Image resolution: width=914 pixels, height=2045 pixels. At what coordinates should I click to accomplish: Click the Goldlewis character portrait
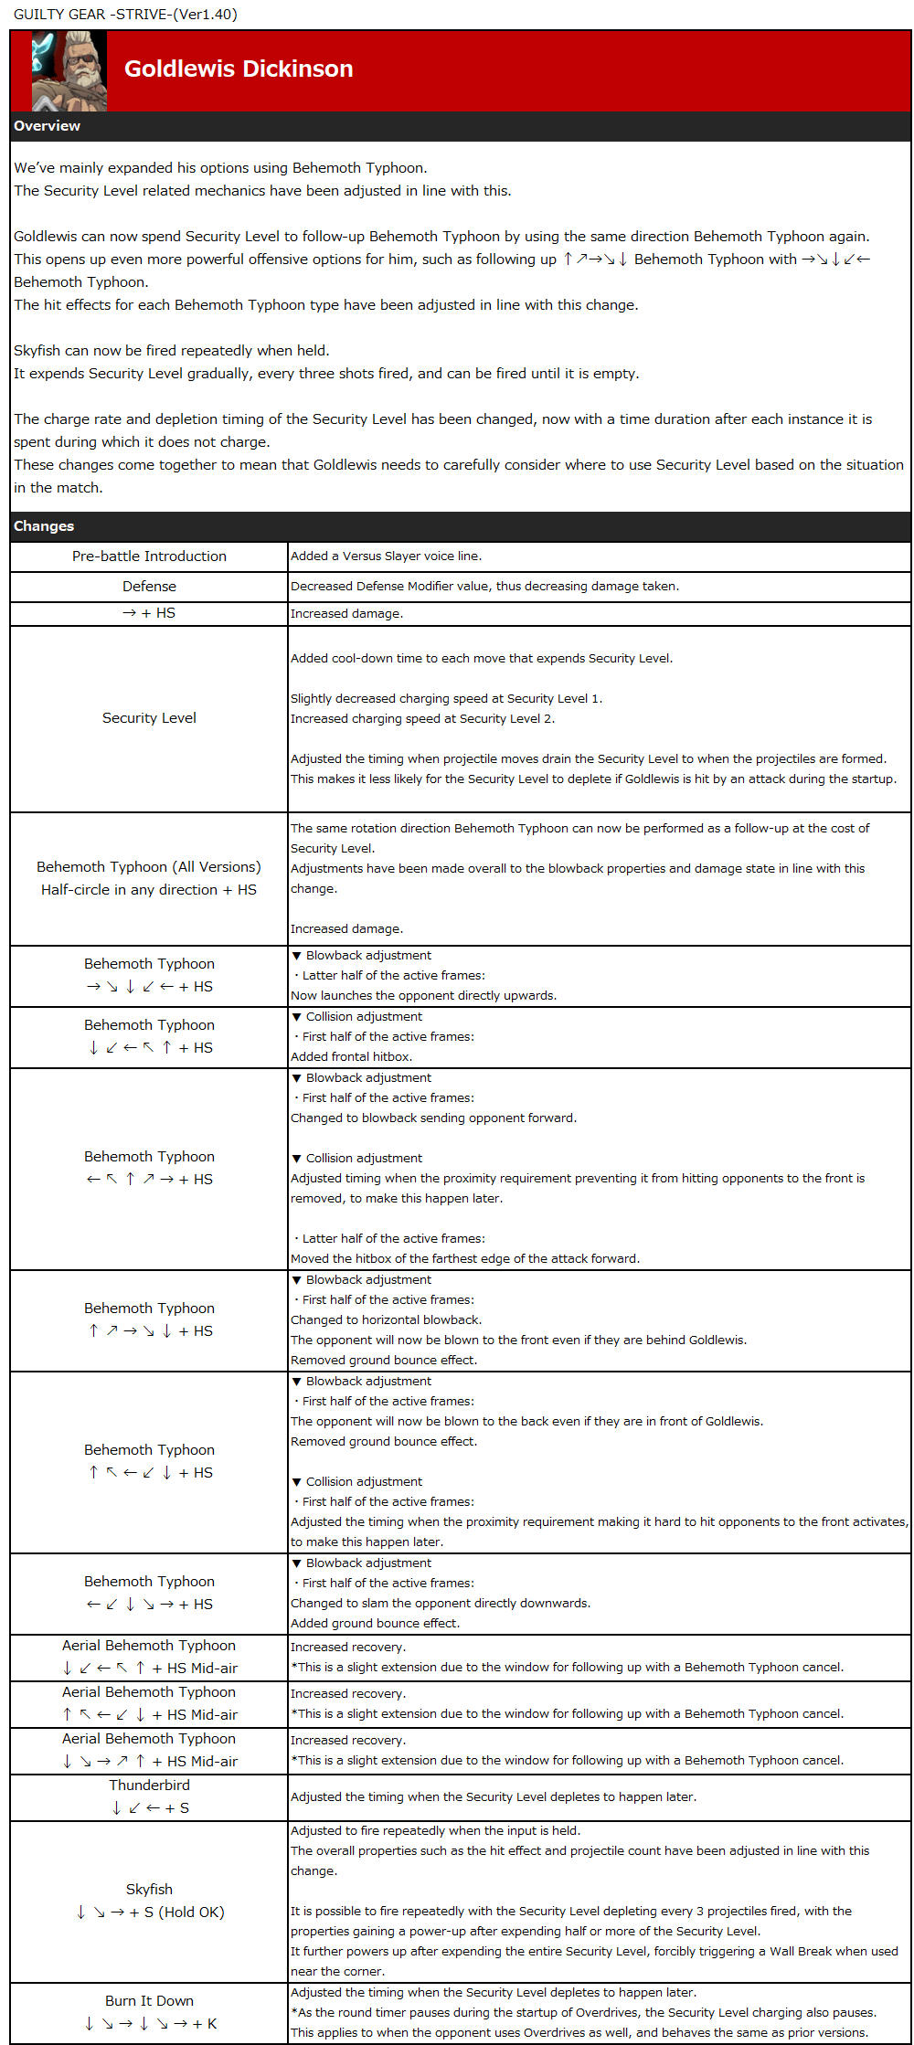click(69, 71)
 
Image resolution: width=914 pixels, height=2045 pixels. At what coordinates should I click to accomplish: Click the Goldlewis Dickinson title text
click(239, 69)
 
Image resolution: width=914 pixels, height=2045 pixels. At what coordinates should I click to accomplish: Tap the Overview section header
click(48, 126)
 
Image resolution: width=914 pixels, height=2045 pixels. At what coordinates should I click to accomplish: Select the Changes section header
click(44, 526)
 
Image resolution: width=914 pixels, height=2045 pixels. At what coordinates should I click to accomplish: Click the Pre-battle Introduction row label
click(149, 556)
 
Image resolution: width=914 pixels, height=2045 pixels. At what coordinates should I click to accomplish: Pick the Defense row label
click(149, 587)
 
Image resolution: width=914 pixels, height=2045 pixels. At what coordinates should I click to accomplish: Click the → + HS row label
click(149, 613)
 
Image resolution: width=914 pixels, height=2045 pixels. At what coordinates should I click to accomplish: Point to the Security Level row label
click(149, 718)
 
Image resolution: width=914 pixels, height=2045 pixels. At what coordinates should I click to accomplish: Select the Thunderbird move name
click(149, 1785)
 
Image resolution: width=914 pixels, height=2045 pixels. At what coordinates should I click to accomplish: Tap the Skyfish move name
click(149, 1890)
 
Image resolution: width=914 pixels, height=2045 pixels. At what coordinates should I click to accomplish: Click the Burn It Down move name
click(149, 2001)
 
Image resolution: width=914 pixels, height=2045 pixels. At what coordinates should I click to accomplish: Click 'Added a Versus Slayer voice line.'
click(386, 556)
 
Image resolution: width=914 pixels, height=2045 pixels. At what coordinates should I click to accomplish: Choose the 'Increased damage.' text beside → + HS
click(346, 614)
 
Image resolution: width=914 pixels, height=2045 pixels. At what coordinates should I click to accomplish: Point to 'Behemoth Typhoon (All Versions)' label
click(149, 867)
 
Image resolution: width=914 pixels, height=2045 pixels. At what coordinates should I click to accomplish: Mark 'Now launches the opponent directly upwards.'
click(423, 996)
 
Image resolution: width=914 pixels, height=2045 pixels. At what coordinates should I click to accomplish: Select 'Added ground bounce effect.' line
click(375, 1624)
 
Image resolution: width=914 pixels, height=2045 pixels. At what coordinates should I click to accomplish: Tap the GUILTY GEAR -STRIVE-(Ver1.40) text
click(125, 15)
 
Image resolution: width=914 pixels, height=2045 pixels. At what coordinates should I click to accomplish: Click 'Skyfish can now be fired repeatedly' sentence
click(172, 351)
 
